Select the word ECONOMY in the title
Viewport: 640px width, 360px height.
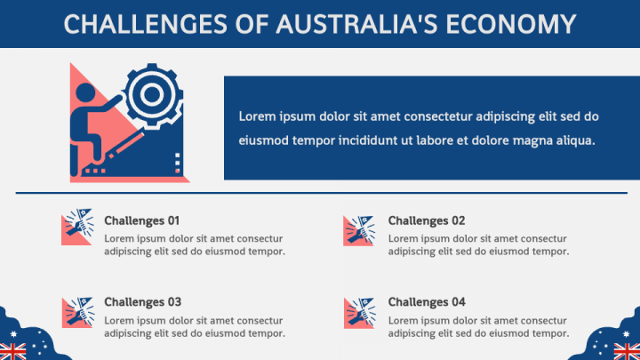pyautogui.click(x=505, y=23)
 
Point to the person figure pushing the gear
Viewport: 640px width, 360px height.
pyautogui.click(x=92, y=124)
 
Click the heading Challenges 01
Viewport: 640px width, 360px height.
pyautogui.click(x=142, y=220)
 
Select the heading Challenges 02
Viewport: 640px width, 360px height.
pyautogui.click(x=427, y=220)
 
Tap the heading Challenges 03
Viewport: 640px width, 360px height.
pyautogui.click(x=142, y=301)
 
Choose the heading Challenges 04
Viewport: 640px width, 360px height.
pyautogui.click(x=427, y=301)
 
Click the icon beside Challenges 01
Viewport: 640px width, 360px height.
pyautogui.click(x=77, y=229)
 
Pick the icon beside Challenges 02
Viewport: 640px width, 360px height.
pyautogui.click(x=359, y=229)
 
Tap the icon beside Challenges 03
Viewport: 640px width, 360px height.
pyautogui.click(x=77, y=312)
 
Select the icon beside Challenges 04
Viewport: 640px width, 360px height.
pyautogui.click(x=359, y=312)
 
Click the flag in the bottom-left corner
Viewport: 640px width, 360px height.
pyautogui.click(x=12, y=350)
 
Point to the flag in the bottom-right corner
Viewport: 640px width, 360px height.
pyautogui.click(x=627, y=350)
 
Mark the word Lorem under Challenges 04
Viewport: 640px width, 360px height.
pyautogui.click(x=404, y=319)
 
